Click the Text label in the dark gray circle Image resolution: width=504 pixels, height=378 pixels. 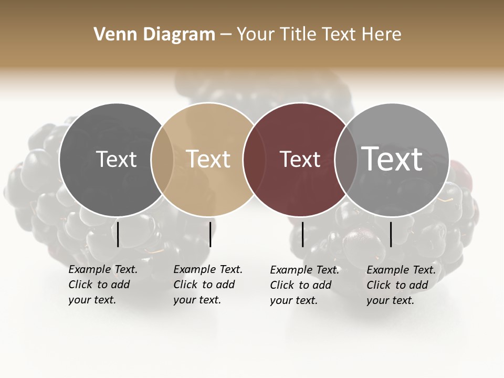coord(116,159)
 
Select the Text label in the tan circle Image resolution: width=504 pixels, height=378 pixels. coord(208,159)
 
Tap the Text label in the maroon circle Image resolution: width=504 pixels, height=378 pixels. coord(300,159)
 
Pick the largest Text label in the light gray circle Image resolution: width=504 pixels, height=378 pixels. coord(392,159)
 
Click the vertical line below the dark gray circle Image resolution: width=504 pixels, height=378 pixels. coord(118,234)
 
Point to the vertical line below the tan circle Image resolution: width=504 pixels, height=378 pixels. coord(210,234)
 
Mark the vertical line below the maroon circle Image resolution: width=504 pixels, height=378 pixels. coord(302,234)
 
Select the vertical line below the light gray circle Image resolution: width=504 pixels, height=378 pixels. coord(391,234)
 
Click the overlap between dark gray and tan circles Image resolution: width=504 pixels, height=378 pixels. coord(162,160)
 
